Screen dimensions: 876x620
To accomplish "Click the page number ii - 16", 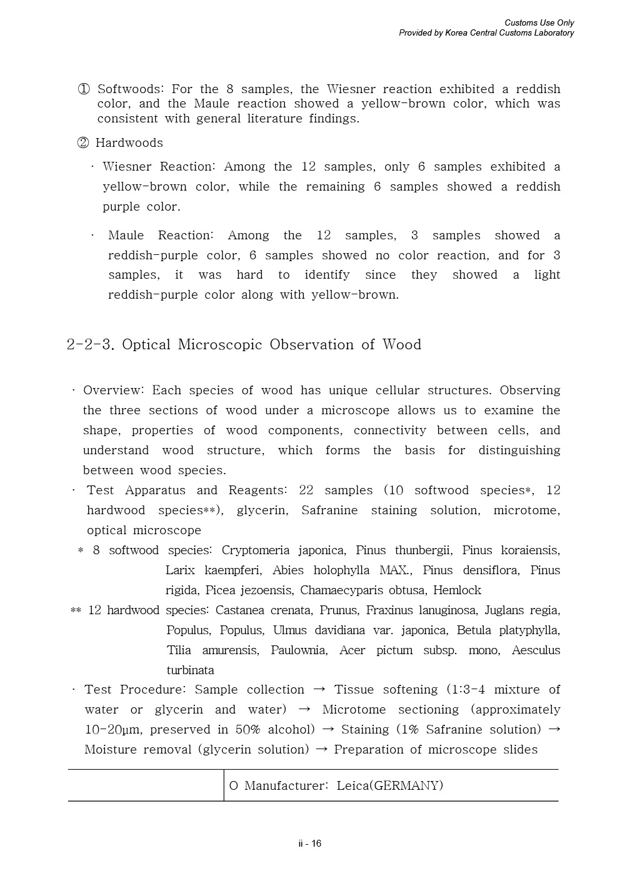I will [310, 844].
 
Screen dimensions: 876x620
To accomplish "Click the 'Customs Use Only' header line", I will [539, 23].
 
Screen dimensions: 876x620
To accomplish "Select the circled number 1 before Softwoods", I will [84, 89].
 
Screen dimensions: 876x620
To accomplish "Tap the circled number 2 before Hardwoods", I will [83, 143].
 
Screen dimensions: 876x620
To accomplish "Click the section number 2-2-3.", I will [90, 345].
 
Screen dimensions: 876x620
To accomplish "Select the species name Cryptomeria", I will [255, 550].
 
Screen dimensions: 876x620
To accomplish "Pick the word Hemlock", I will [457, 590].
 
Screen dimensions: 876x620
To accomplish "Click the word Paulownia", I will [298, 650].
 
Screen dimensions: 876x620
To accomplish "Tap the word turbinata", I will [190, 670].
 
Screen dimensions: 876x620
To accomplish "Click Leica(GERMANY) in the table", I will [389, 786].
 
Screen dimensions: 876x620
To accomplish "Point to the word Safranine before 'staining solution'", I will [329, 510].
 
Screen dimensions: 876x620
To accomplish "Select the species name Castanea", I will [241, 610].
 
